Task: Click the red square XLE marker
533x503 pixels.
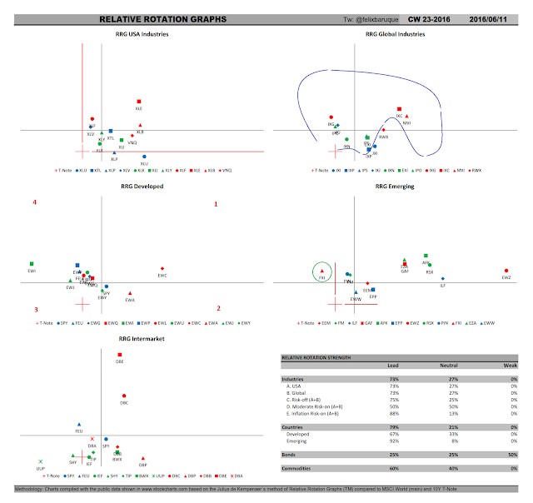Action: coord(139,102)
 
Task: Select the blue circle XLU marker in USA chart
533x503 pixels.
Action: coord(144,157)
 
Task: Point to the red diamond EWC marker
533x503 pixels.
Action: coord(162,268)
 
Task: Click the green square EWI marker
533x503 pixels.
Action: coord(31,264)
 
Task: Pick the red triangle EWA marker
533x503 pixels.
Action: coord(131,293)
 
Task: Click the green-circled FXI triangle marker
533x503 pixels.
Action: coord(321,271)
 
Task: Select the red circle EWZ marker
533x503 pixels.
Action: coord(506,271)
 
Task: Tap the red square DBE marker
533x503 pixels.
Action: coord(120,356)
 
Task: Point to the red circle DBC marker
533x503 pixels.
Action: coord(124,396)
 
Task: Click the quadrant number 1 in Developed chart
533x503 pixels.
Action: coord(216,203)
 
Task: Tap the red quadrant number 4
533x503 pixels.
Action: coord(34,202)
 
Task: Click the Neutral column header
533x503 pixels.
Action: coord(454,365)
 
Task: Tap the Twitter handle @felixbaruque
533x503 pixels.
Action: coord(371,17)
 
